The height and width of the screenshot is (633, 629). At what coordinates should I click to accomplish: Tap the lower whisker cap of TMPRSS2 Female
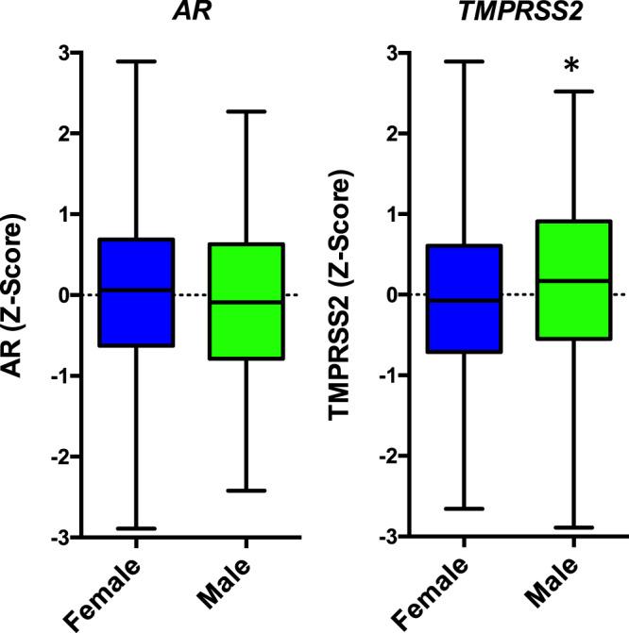pos(463,508)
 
